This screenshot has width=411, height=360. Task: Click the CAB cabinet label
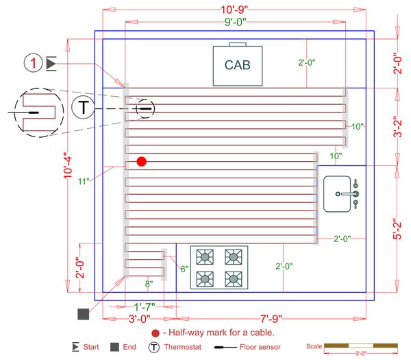238,66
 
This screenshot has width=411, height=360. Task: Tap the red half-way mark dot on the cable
141,162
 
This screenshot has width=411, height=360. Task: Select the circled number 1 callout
34,64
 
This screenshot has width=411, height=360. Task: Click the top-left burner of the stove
205,257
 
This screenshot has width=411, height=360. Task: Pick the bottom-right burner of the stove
234,279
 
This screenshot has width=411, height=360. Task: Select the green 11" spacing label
84,182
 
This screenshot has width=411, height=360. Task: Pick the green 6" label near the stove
184,269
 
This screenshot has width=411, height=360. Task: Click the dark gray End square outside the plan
84,314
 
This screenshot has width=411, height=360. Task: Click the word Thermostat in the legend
183,348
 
